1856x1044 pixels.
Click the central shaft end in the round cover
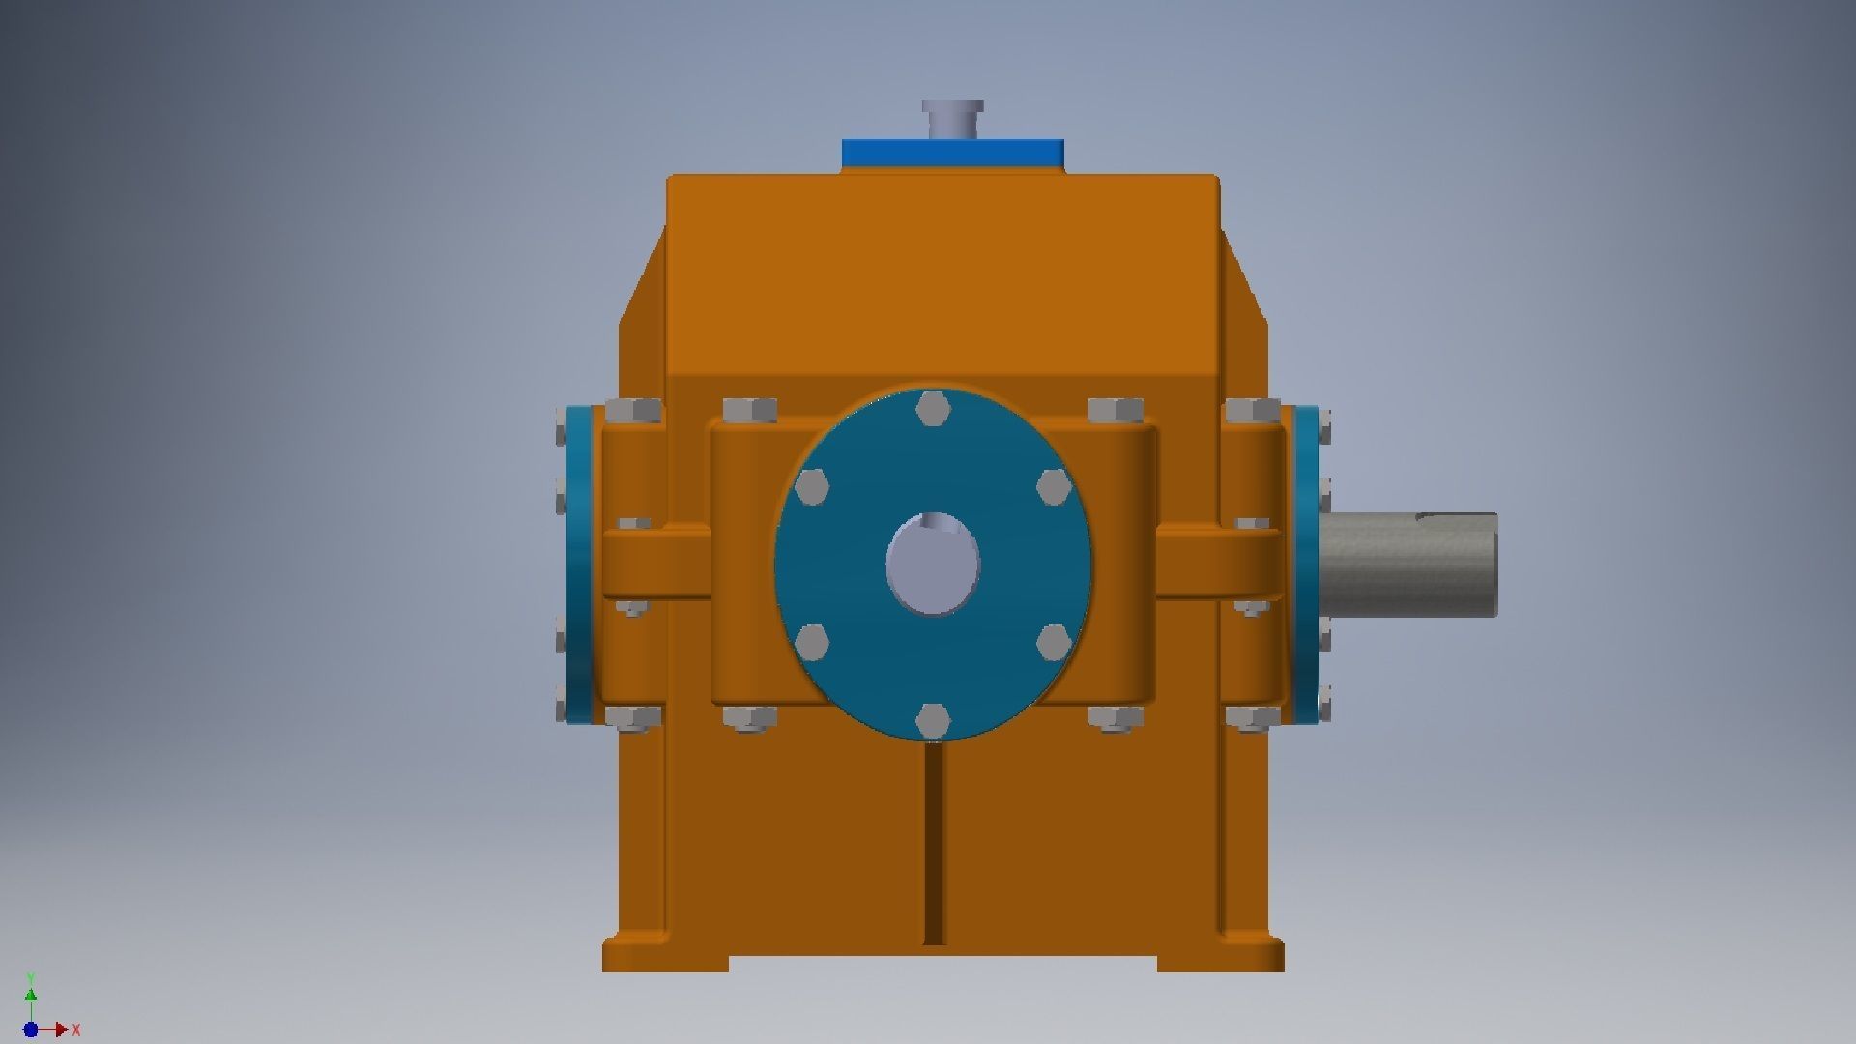coord(933,565)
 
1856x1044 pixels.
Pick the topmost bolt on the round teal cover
coord(932,409)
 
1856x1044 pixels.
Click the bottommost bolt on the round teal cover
coord(932,720)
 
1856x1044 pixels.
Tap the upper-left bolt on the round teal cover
coord(812,487)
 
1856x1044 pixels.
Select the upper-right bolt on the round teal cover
coord(1053,487)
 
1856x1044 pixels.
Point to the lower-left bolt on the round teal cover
coord(812,642)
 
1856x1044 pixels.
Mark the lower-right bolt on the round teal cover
coord(1053,642)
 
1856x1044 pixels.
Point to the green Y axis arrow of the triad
coord(31,996)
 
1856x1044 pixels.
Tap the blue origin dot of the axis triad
coord(31,1030)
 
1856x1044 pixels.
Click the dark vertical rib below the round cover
coord(933,841)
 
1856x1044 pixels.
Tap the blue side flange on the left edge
coord(579,565)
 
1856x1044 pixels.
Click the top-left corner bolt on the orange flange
coord(634,412)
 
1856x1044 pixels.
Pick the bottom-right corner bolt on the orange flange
coord(1252,717)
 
